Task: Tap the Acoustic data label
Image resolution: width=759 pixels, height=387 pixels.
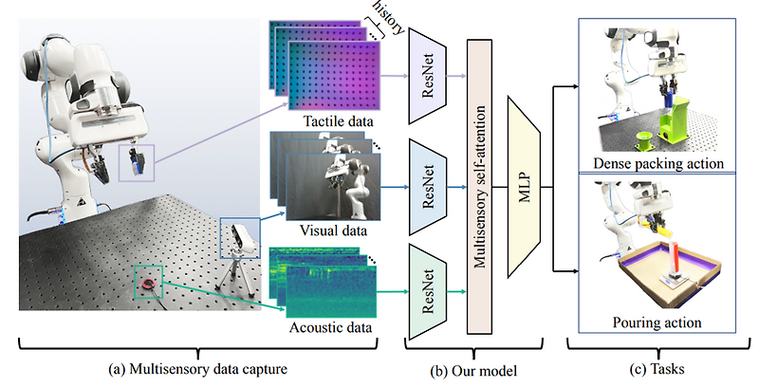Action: (x=332, y=328)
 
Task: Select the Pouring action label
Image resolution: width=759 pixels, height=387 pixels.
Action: (x=664, y=322)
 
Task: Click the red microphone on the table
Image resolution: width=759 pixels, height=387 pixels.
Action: (x=147, y=285)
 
